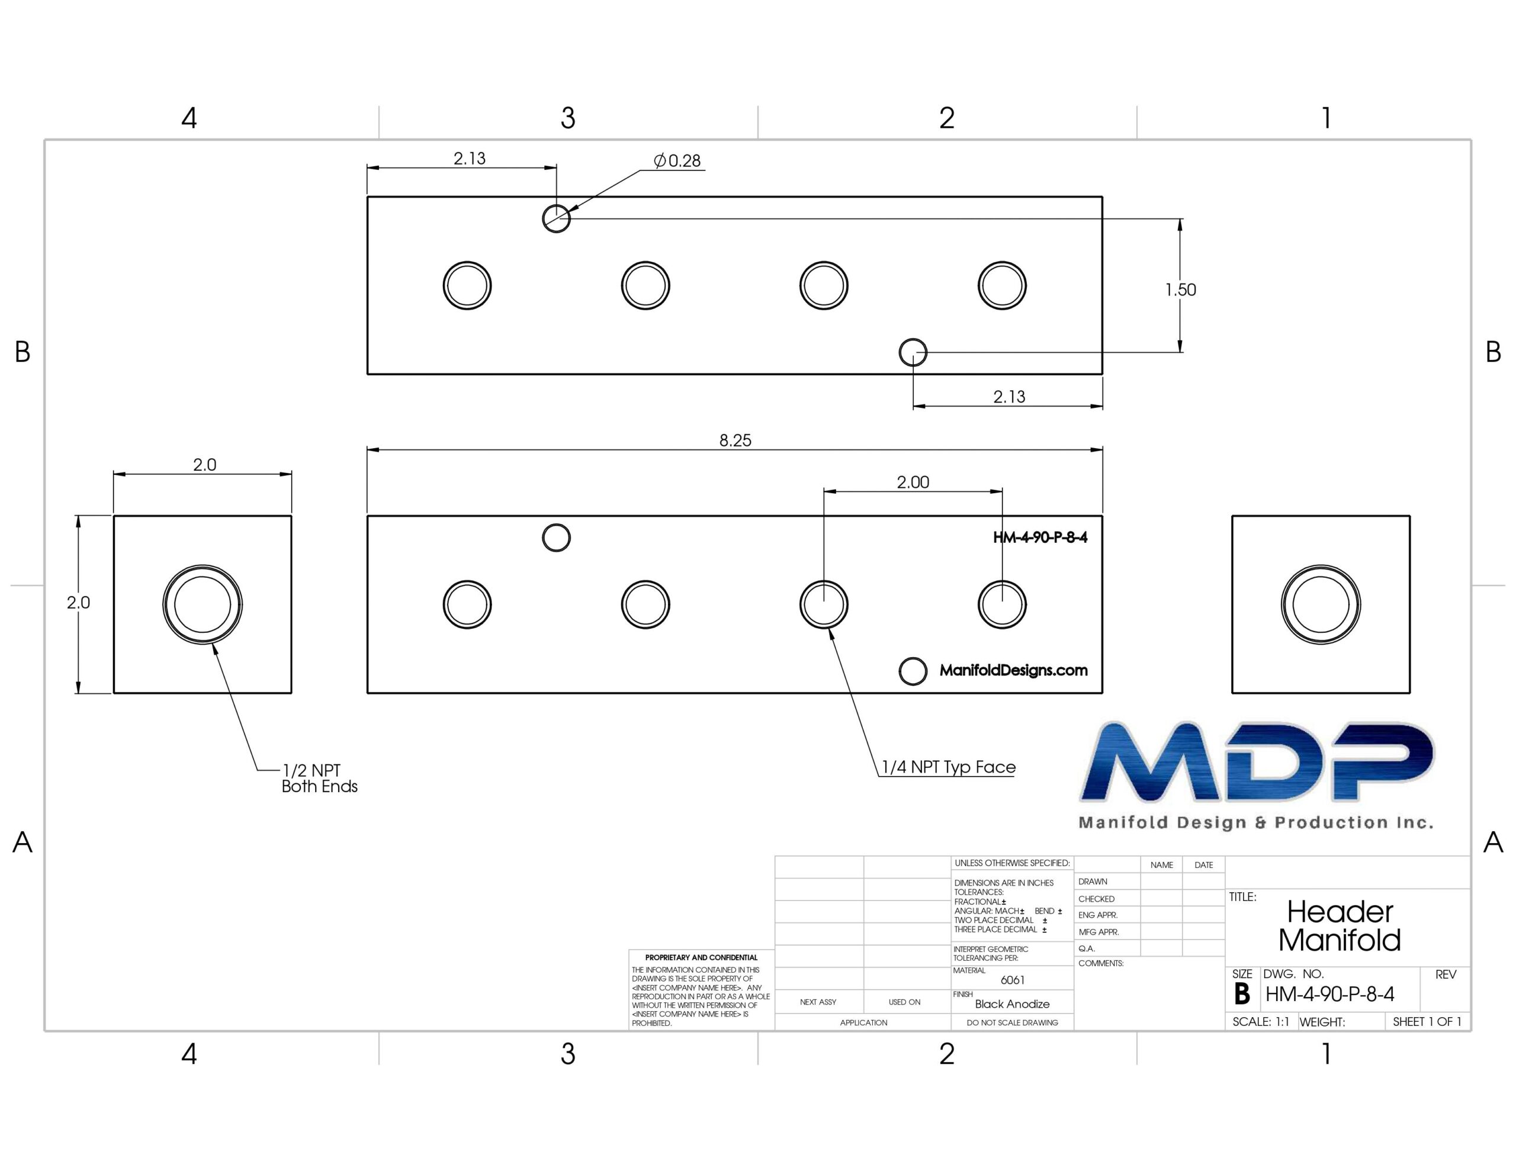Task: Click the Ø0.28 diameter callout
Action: [677, 161]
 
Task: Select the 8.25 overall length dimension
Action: [735, 440]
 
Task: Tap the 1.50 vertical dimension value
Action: [1181, 289]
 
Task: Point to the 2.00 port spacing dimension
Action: [913, 482]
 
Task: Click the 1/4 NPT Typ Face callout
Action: [948, 767]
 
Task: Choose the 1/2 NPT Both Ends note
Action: [319, 778]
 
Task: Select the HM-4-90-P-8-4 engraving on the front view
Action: [1040, 538]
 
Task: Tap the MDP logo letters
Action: [1257, 761]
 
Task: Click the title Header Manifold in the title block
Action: [1340, 926]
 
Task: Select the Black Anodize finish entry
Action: [1012, 1003]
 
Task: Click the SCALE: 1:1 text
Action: [1261, 1022]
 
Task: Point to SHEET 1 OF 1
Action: [1427, 1022]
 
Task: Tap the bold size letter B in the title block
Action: [1242, 994]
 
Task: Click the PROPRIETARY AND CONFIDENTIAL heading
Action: [701, 957]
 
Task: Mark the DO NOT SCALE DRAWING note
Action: [1012, 1022]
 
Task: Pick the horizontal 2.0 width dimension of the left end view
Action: [204, 464]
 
